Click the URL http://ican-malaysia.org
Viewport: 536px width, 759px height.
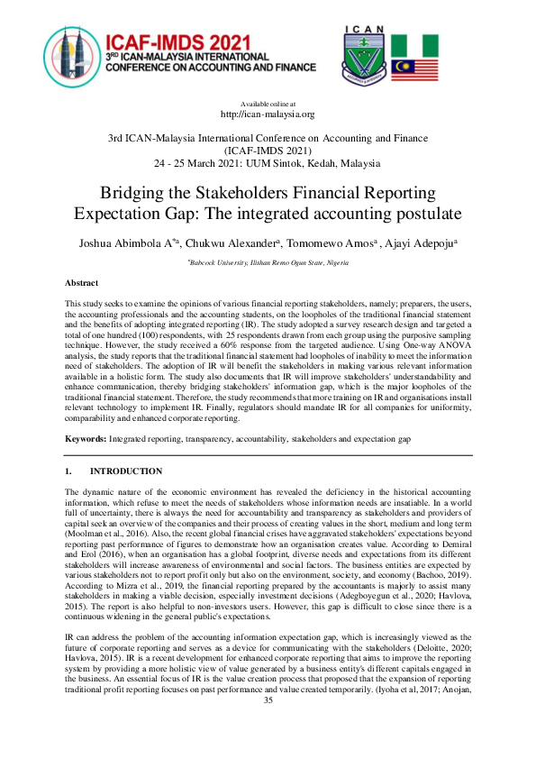coord(268,114)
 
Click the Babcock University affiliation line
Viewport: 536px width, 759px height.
coord(268,261)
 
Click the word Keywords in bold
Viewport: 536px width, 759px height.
coord(86,438)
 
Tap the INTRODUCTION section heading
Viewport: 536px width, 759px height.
coord(126,471)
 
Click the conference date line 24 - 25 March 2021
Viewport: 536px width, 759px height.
coord(268,164)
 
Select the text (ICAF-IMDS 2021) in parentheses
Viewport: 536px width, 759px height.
coord(268,151)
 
